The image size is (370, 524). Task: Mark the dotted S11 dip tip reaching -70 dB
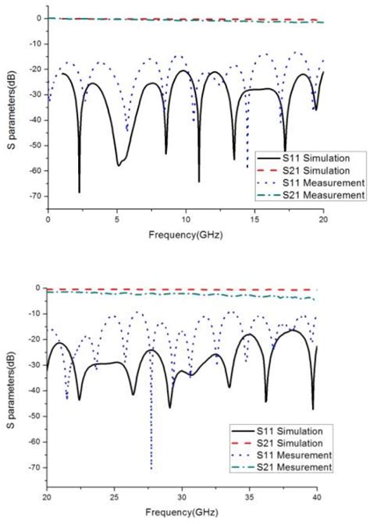tap(151, 468)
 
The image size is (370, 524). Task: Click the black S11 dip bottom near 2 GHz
tap(80, 191)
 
